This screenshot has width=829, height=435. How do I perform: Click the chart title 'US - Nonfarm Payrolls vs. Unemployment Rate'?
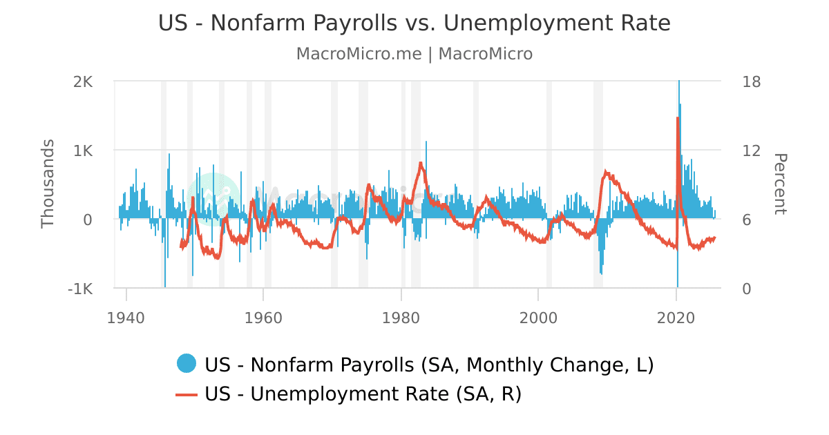pos(414,23)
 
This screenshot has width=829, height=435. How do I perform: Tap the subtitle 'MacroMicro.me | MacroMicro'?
pos(414,54)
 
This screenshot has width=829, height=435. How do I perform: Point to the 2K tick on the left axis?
pos(83,81)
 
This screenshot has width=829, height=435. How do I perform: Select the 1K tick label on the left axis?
pos(83,151)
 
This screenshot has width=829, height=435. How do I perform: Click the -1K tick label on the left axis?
pos(80,289)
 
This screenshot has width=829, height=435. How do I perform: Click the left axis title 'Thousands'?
pos(48,184)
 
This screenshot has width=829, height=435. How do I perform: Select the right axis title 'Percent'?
pos(779,184)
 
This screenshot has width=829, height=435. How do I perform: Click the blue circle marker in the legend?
pos(187,363)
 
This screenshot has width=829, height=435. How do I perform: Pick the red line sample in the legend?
pos(187,394)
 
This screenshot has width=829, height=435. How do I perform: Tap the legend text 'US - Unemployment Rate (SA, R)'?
pos(363,394)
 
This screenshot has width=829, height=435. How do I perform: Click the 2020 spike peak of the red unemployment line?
pos(677,118)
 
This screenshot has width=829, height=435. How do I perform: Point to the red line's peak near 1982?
pos(420,163)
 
